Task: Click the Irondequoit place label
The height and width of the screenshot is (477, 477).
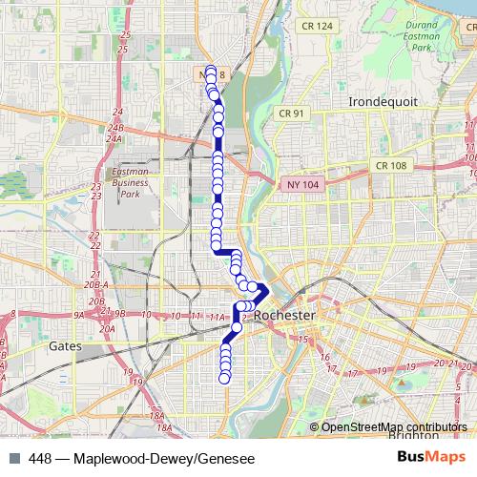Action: click(x=379, y=100)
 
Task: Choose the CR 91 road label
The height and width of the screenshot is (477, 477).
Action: click(x=292, y=113)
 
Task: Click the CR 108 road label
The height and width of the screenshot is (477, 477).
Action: click(x=391, y=165)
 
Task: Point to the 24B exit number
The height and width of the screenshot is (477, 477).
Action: click(x=115, y=127)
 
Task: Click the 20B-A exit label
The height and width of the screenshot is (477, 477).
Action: click(x=93, y=284)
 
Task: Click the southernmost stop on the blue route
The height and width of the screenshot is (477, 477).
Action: click(x=225, y=379)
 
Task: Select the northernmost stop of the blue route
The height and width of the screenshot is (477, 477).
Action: click(x=211, y=71)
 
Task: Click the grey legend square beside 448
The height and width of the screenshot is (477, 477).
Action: click(x=13, y=458)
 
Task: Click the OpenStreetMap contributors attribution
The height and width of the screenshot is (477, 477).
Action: click(x=393, y=426)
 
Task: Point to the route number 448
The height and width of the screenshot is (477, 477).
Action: click(x=42, y=458)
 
